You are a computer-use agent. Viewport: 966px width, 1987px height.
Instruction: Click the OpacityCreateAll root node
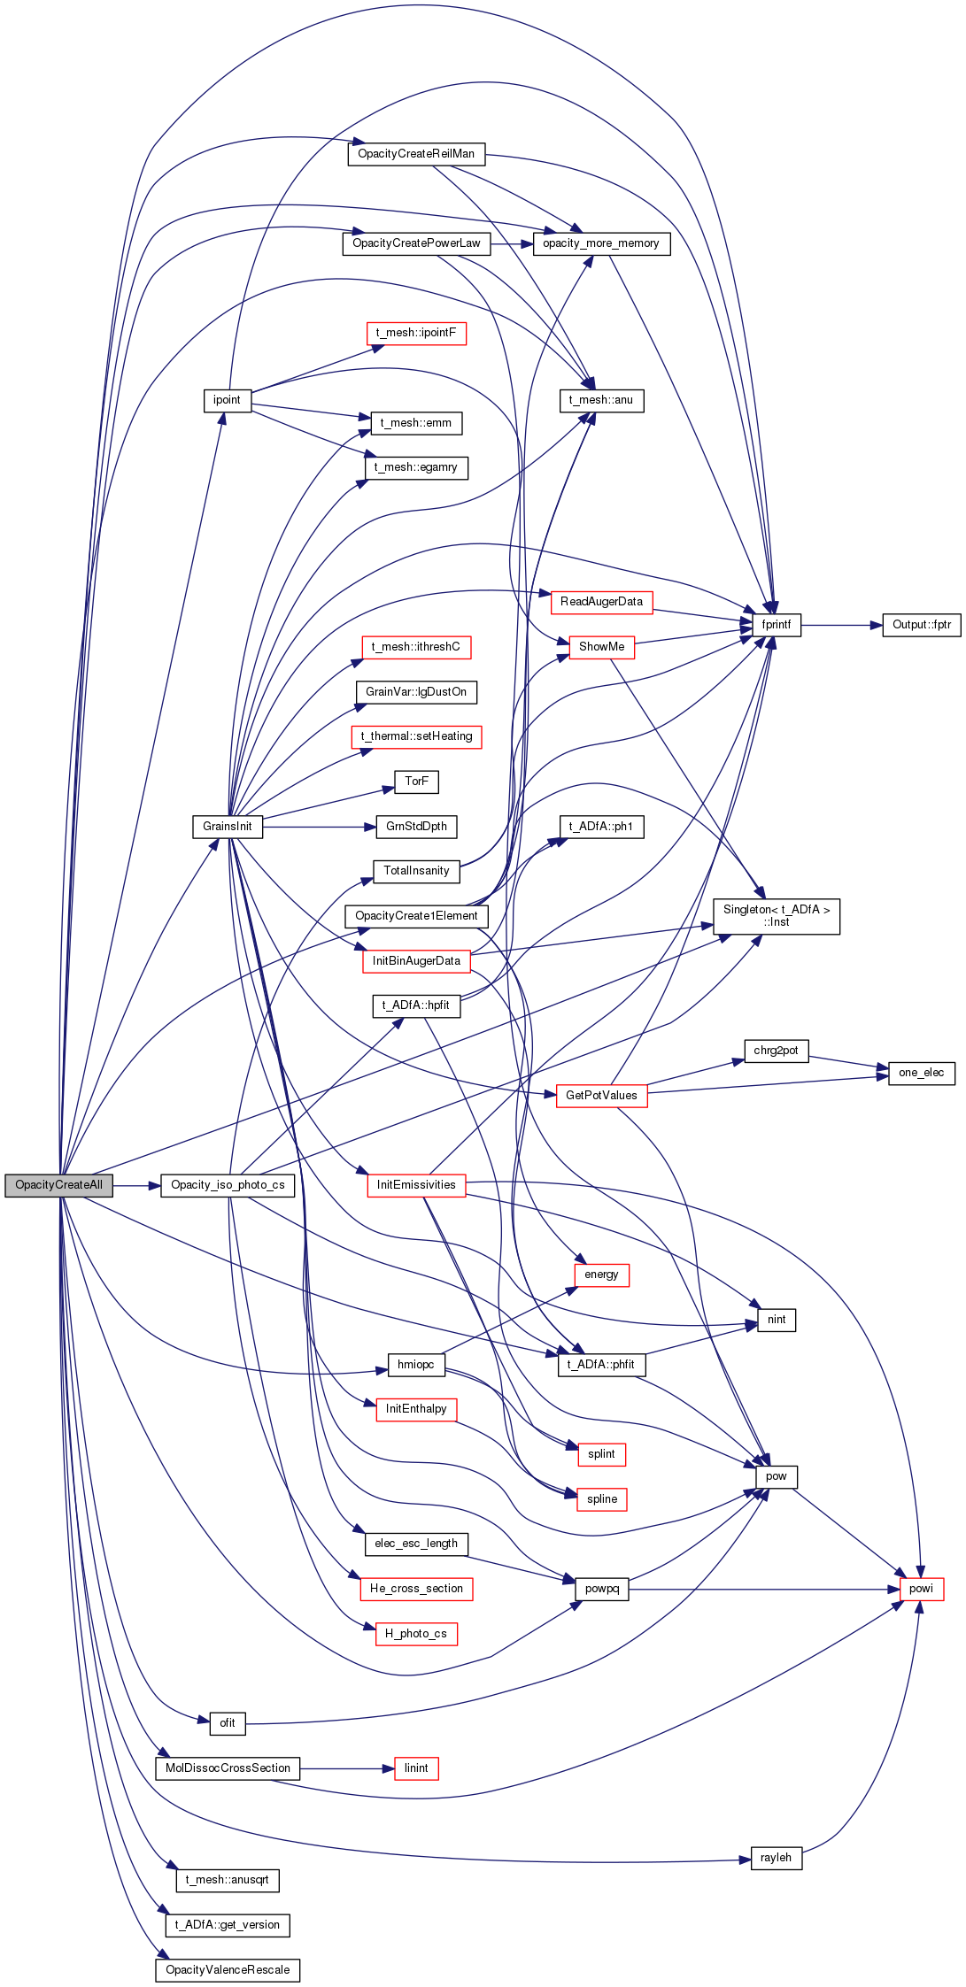click(x=58, y=1185)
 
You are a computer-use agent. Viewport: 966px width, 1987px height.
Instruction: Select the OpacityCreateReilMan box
click(x=416, y=154)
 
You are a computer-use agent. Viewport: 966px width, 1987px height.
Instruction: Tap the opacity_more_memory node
click(x=601, y=243)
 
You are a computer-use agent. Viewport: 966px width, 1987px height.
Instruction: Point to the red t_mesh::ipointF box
click(x=416, y=334)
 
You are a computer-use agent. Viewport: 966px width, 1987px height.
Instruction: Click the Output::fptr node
click(x=922, y=625)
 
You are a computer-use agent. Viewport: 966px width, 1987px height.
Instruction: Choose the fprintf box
click(x=777, y=625)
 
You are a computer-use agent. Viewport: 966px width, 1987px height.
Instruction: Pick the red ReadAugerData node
click(x=601, y=603)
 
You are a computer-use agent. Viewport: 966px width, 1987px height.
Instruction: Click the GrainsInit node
click(x=228, y=827)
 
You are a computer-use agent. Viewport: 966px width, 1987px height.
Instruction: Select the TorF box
click(x=416, y=782)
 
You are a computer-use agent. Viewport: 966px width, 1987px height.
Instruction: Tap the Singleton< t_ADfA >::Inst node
click(x=777, y=916)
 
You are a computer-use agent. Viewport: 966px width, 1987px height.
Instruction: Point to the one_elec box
click(x=922, y=1073)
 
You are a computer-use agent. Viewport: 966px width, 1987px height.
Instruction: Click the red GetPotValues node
click(x=601, y=1096)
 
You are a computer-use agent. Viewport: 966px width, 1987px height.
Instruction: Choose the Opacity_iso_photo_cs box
click(x=228, y=1185)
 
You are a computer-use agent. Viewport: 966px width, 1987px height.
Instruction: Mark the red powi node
click(x=922, y=1589)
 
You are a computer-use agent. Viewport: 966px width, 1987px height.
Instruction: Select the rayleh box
click(x=777, y=1858)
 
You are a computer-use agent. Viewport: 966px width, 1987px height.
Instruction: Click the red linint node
click(x=416, y=1768)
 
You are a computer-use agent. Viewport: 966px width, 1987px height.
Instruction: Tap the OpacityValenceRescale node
click(x=228, y=1970)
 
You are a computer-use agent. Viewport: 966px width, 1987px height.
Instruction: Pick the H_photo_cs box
click(x=416, y=1634)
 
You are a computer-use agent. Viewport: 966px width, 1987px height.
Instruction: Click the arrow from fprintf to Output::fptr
click(x=842, y=625)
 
